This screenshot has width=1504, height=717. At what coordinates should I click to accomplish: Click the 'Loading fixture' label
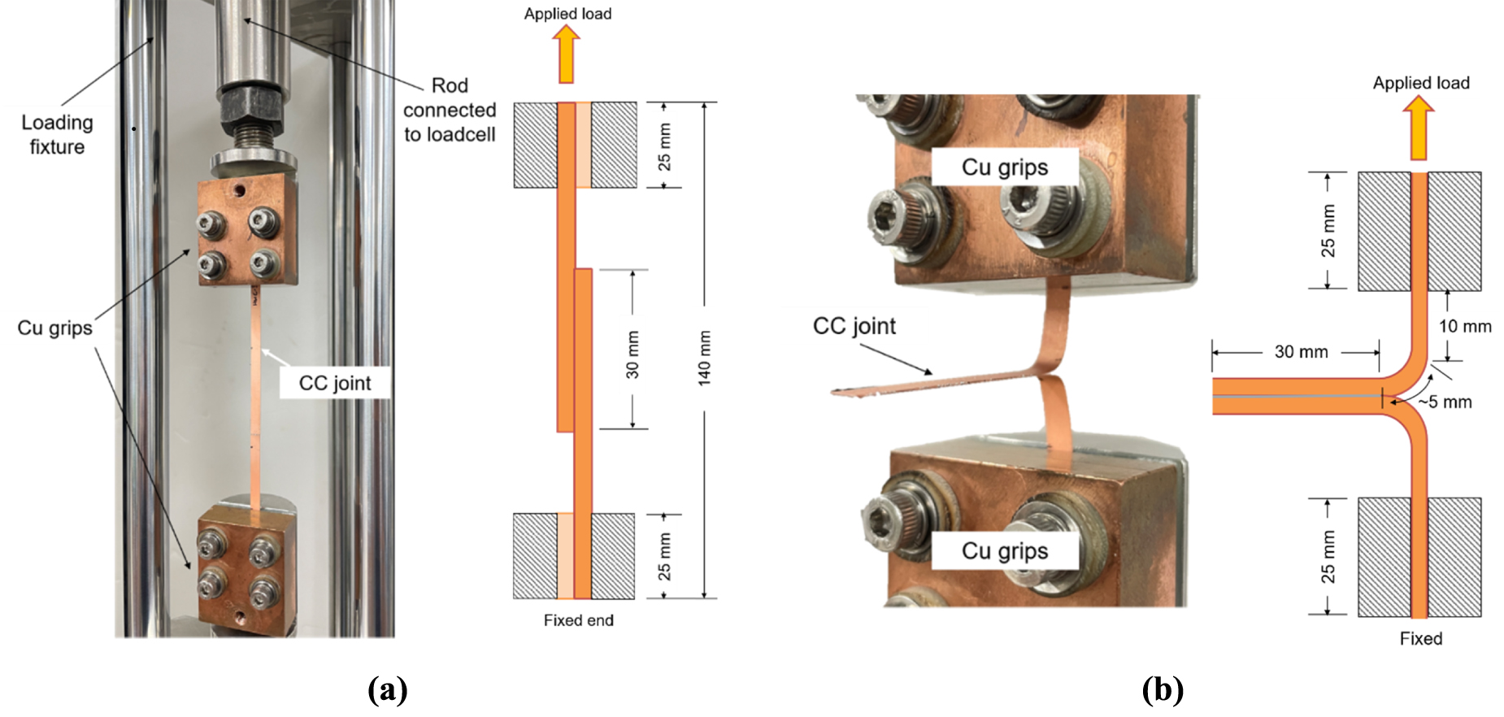coord(57,134)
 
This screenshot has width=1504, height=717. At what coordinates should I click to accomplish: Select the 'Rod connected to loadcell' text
coord(450,110)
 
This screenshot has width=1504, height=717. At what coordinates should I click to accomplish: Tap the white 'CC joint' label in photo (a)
coord(334,383)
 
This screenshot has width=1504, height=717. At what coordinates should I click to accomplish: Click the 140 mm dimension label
coord(704,358)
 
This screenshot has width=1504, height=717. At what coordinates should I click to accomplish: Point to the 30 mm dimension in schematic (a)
coord(632,354)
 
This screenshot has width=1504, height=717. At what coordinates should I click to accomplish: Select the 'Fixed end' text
coord(578,620)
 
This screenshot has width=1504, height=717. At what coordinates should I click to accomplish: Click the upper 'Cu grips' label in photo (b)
coord(1005,167)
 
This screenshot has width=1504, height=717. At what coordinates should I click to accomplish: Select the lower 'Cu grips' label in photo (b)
coord(1005,551)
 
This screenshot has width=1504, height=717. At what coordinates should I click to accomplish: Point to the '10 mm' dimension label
coord(1465,327)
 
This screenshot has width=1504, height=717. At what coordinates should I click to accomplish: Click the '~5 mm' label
coord(1445,402)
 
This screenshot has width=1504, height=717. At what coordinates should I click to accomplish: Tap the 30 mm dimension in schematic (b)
coord(1301,352)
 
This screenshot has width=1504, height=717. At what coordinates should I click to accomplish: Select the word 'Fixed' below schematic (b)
coord(1420,639)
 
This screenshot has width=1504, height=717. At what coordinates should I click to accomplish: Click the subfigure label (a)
coord(388,689)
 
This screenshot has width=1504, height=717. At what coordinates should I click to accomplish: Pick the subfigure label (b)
coord(1163,689)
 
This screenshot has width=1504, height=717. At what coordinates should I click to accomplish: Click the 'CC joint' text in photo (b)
coord(854,326)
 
